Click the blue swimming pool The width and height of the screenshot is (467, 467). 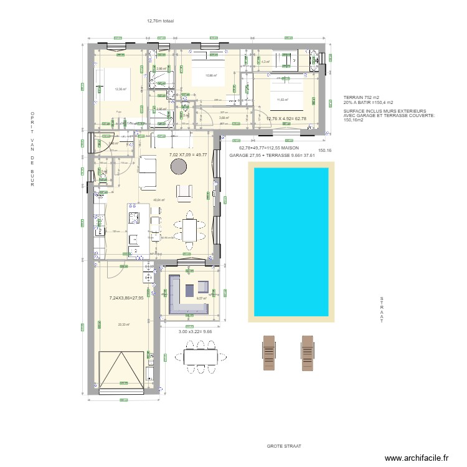pos(290,241)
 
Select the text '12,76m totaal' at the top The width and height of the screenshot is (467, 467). pos(160,21)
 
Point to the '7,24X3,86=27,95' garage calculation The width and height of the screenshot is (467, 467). pos(126,298)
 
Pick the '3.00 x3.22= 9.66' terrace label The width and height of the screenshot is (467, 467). pos(196,331)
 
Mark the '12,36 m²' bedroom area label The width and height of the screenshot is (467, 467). pos(120,89)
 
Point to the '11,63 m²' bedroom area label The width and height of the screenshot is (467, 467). pos(283,100)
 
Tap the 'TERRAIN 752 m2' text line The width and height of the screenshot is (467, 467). pos(361,98)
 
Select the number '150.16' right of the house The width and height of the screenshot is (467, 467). pos(325,150)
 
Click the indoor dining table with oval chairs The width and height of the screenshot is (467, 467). pos(190,229)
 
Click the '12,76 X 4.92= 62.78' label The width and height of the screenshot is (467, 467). pos(286,118)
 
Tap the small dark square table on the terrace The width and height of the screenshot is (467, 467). pos(203,286)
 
